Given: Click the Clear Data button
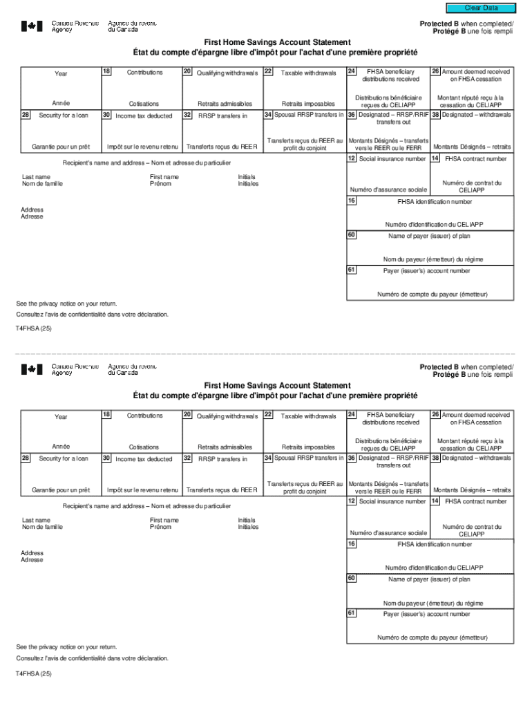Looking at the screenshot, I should pyautogui.click(x=481, y=8).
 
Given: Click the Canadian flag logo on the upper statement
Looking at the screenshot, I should pyautogui.click(x=32, y=26).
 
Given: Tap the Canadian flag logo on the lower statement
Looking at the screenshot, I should pyautogui.click(x=32, y=369).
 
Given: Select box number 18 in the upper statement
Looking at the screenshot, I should pyautogui.click(x=106, y=71).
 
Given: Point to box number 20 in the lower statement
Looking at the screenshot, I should pyautogui.click(x=187, y=414).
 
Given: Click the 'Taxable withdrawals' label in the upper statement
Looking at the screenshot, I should pyautogui.click(x=308, y=73).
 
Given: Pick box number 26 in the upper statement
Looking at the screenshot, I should pyautogui.click(x=435, y=71).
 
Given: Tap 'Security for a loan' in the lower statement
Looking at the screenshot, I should pyautogui.click(x=64, y=458).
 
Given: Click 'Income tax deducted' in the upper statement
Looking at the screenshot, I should pyautogui.click(x=144, y=115).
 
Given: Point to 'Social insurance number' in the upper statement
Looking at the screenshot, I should pyautogui.click(x=392, y=159).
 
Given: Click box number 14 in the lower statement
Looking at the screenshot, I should pyautogui.click(x=435, y=501).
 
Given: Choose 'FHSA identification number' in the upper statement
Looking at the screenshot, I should pyautogui.click(x=435, y=202).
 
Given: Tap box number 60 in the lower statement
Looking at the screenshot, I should pyautogui.click(x=352, y=577).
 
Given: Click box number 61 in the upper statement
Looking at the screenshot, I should pyautogui.click(x=352, y=269).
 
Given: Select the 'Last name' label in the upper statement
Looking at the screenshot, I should pyautogui.click(x=36, y=177).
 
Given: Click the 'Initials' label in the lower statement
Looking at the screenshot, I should pyautogui.click(x=248, y=520).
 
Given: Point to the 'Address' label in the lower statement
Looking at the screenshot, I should pyautogui.click(x=32, y=553).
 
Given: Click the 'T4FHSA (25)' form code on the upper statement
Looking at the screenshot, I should pyautogui.click(x=34, y=329).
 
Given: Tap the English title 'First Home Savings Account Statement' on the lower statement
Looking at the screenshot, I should pyautogui.click(x=277, y=386).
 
